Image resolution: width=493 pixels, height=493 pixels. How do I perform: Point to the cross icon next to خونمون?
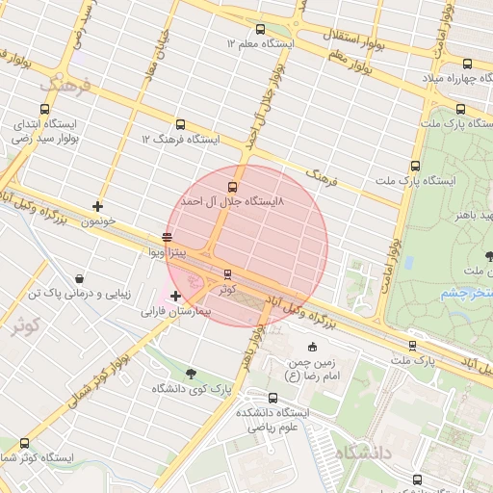click(97, 206)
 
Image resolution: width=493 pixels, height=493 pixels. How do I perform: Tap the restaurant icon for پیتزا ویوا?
click(168, 237)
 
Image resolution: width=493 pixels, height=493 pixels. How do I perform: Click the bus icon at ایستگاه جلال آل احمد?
click(232, 187)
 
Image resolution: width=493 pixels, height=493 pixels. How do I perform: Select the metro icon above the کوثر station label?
click(227, 274)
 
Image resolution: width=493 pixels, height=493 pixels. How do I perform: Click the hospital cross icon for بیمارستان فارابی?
click(174, 296)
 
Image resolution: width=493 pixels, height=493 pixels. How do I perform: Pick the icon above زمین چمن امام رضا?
click(312, 348)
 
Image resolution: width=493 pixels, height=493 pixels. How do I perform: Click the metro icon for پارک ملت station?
click(412, 345)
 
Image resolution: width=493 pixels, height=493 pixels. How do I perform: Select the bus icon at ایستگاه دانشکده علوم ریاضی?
click(246, 397)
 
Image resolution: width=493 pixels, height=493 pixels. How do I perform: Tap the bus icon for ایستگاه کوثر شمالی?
click(23, 443)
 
